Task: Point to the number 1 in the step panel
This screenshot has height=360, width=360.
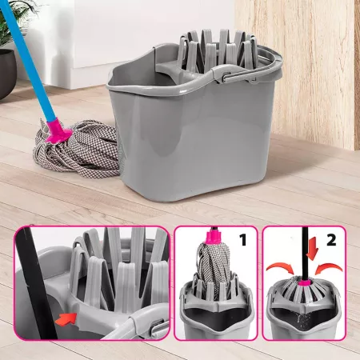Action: (x=243, y=239)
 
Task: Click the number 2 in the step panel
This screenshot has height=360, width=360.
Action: (x=331, y=240)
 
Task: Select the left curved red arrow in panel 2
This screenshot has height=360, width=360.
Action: (x=281, y=267)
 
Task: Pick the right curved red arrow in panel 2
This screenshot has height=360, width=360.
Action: (x=329, y=268)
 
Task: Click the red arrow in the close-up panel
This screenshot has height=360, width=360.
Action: (x=66, y=318)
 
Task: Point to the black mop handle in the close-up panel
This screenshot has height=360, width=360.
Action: (x=36, y=282)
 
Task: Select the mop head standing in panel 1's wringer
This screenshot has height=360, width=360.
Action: (x=212, y=266)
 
